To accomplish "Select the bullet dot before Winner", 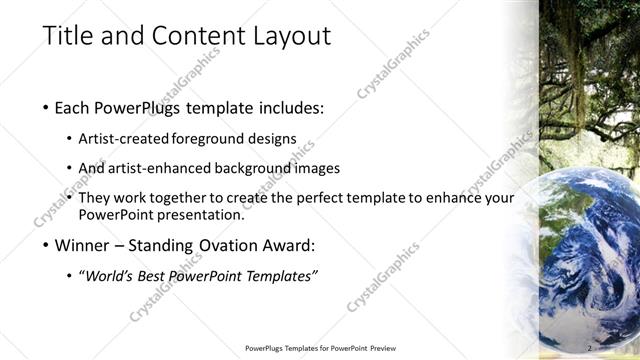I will click(46, 245).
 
